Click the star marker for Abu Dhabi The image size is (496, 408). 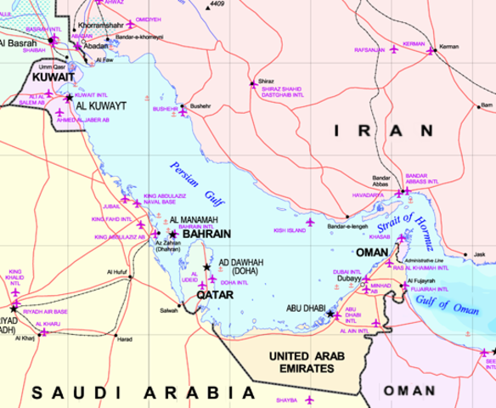(330, 314)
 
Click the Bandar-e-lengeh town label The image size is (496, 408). (348, 227)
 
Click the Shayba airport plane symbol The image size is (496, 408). (311, 399)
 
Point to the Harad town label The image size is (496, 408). (124, 339)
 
